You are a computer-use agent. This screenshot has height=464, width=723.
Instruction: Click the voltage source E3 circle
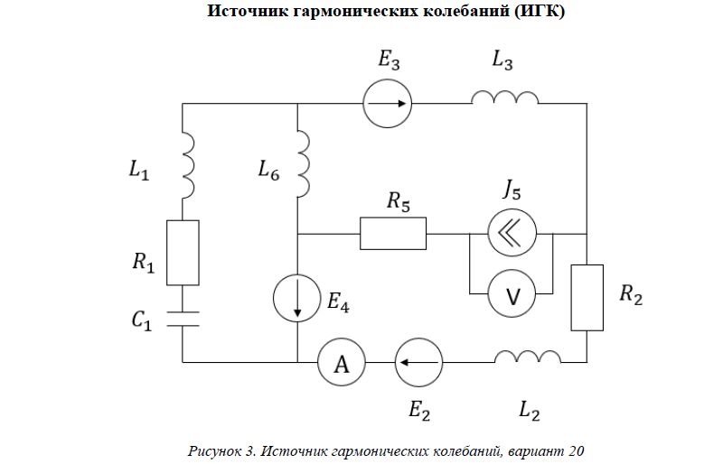(388, 105)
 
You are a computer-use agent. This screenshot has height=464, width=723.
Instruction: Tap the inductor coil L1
(188, 165)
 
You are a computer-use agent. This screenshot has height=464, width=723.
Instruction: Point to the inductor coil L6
(303, 163)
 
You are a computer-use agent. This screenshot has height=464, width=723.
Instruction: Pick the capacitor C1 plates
(183, 318)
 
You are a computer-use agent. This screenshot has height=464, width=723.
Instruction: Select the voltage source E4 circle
(297, 297)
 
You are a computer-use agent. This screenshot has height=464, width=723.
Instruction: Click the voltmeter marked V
(512, 294)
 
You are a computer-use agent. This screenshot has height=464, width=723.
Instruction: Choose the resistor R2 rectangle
(587, 297)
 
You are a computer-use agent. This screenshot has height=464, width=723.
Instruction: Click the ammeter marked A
(341, 363)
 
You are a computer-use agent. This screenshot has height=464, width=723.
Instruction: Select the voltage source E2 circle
(419, 363)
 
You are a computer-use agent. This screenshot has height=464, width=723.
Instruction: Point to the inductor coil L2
(528, 357)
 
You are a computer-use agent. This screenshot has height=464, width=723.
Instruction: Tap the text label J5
(512, 191)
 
